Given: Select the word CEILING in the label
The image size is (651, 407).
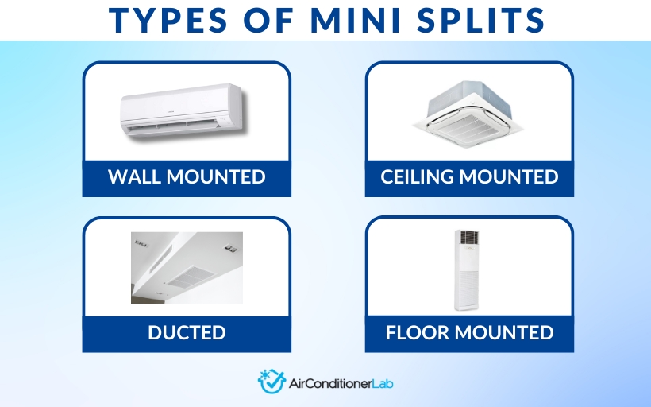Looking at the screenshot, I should pyautogui.click(x=420, y=176).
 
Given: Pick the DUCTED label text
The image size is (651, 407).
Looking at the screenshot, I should pyautogui.click(x=187, y=332).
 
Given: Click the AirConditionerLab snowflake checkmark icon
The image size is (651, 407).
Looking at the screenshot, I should pyautogui.click(x=271, y=382).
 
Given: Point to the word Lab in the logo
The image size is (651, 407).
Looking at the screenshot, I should pyautogui.click(x=381, y=382).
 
